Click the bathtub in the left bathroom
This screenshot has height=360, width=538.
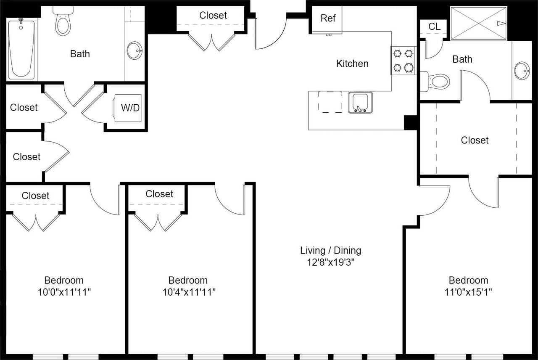coord(21,50)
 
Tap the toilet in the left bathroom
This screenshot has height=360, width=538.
coord(63,21)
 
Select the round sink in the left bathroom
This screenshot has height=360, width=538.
coord(134,50)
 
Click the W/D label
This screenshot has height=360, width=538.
coord(130,108)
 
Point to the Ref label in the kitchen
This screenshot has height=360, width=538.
coord(328,18)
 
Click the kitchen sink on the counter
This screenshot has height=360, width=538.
coord(360,102)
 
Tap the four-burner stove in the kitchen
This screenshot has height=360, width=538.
coord(403,61)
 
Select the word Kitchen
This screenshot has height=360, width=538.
coord(352,64)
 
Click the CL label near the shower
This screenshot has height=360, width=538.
coord(435,26)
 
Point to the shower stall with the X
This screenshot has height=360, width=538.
coord(478,23)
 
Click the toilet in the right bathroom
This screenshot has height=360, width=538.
coord(435,82)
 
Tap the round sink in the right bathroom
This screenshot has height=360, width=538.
coord(522,71)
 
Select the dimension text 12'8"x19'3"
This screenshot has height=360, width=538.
coord(331,262)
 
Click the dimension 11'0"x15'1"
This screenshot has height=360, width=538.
coord(468,292)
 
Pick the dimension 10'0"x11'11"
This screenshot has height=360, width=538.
coord(64,292)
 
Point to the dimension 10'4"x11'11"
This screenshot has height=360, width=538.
coord(189,292)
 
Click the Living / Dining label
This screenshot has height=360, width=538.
coord(331,251)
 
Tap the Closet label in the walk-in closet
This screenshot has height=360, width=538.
coord(475,140)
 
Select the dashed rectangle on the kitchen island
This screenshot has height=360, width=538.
coord(330,102)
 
